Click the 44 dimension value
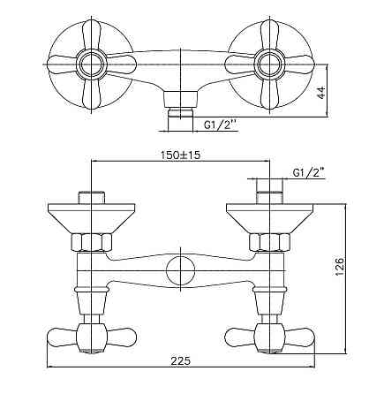pyautogui.click(x=321, y=93)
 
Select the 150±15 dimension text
pyautogui.click(x=180, y=155)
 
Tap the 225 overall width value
pyautogui.click(x=181, y=360)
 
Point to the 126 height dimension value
pyautogui.click(x=339, y=267)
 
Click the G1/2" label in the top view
pyautogui.click(x=221, y=125)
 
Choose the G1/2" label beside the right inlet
pyautogui.click(x=309, y=173)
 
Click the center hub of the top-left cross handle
pyautogui.click(x=91, y=64)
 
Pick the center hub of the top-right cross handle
pyautogui.click(x=269, y=64)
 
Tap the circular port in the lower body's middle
pyautogui.click(x=181, y=270)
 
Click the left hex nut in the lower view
pyautogui.click(x=91, y=242)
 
